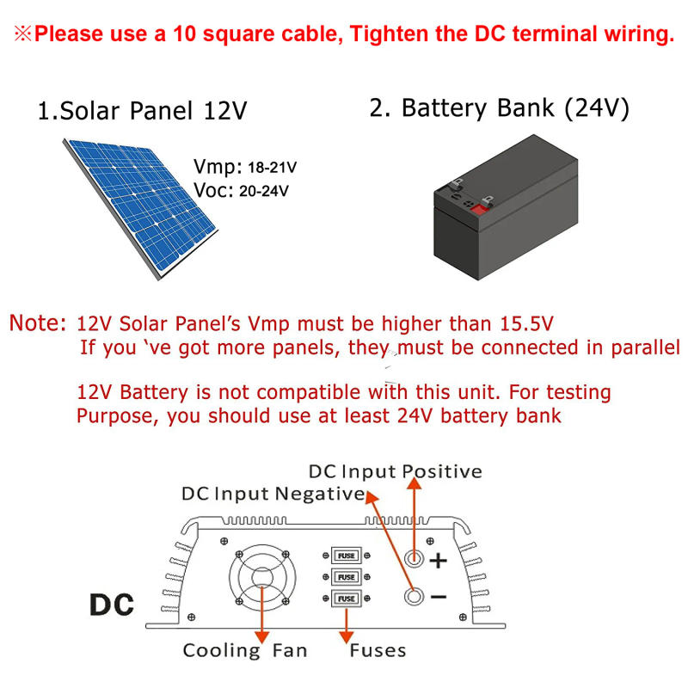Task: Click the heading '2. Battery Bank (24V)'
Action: (x=500, y=108)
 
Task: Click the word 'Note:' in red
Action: (x=38, y=324)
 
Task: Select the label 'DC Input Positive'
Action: (x=395, y=471)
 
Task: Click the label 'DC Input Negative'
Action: (x=273, y=494)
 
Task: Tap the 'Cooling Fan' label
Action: (x=244, y=650)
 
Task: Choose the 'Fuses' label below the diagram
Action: (x=378, y=650)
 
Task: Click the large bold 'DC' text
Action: (x=112, y=604)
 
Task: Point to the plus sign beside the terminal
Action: (x=439, y=561)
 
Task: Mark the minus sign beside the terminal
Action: (x=439, y=596)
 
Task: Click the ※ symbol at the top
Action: (x=21, y=35)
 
